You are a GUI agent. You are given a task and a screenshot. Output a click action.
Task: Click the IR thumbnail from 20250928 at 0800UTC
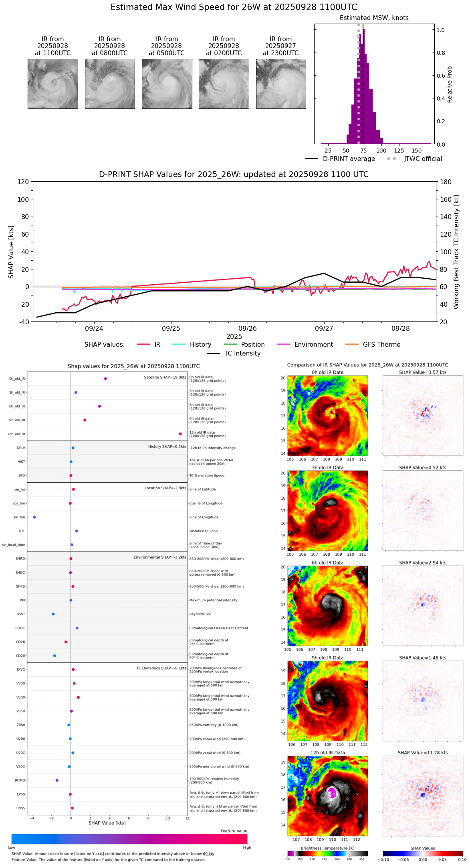[x=110, y=84]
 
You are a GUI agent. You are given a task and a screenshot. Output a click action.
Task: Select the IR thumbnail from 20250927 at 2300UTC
[x=281, y=84]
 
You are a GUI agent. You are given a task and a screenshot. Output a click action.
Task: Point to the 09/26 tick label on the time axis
[x=248, y=328]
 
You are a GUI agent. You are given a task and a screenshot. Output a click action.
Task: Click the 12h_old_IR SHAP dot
[x=180, y=434]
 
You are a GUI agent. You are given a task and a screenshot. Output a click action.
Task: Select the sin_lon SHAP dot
[x=34, y=517]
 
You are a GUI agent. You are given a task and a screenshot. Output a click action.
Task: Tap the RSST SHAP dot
[x=53, y=614]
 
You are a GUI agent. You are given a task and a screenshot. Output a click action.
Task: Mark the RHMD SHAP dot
[x=57, y=780]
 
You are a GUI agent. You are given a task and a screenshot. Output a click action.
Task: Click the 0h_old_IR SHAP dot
[x=105, y=378]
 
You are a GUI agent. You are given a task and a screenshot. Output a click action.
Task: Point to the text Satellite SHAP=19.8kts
[x=165, y=377]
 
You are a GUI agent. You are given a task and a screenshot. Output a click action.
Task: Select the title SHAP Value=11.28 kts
[x=423, y=753]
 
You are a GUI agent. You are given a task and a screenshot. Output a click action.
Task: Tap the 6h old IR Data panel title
[x=327, y=563]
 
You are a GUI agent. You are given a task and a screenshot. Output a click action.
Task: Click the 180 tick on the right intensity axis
[x=446, y=182]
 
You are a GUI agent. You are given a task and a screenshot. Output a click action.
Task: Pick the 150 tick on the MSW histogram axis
[x=417, y=151]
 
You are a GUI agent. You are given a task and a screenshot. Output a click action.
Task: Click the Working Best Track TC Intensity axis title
[x=456, y=252]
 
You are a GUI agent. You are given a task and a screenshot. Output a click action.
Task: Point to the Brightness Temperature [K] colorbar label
[x=327, y=848]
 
